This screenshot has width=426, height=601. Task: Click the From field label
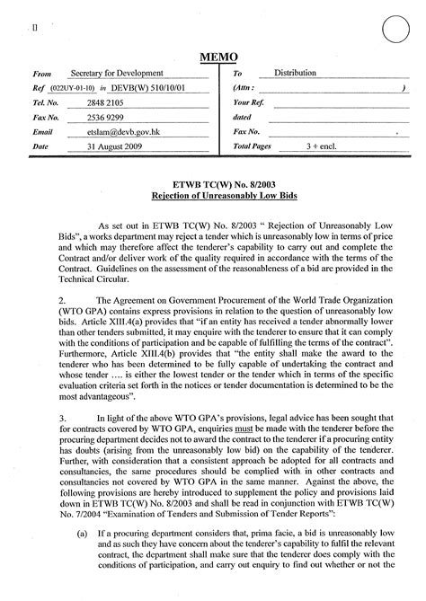(41, 74)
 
